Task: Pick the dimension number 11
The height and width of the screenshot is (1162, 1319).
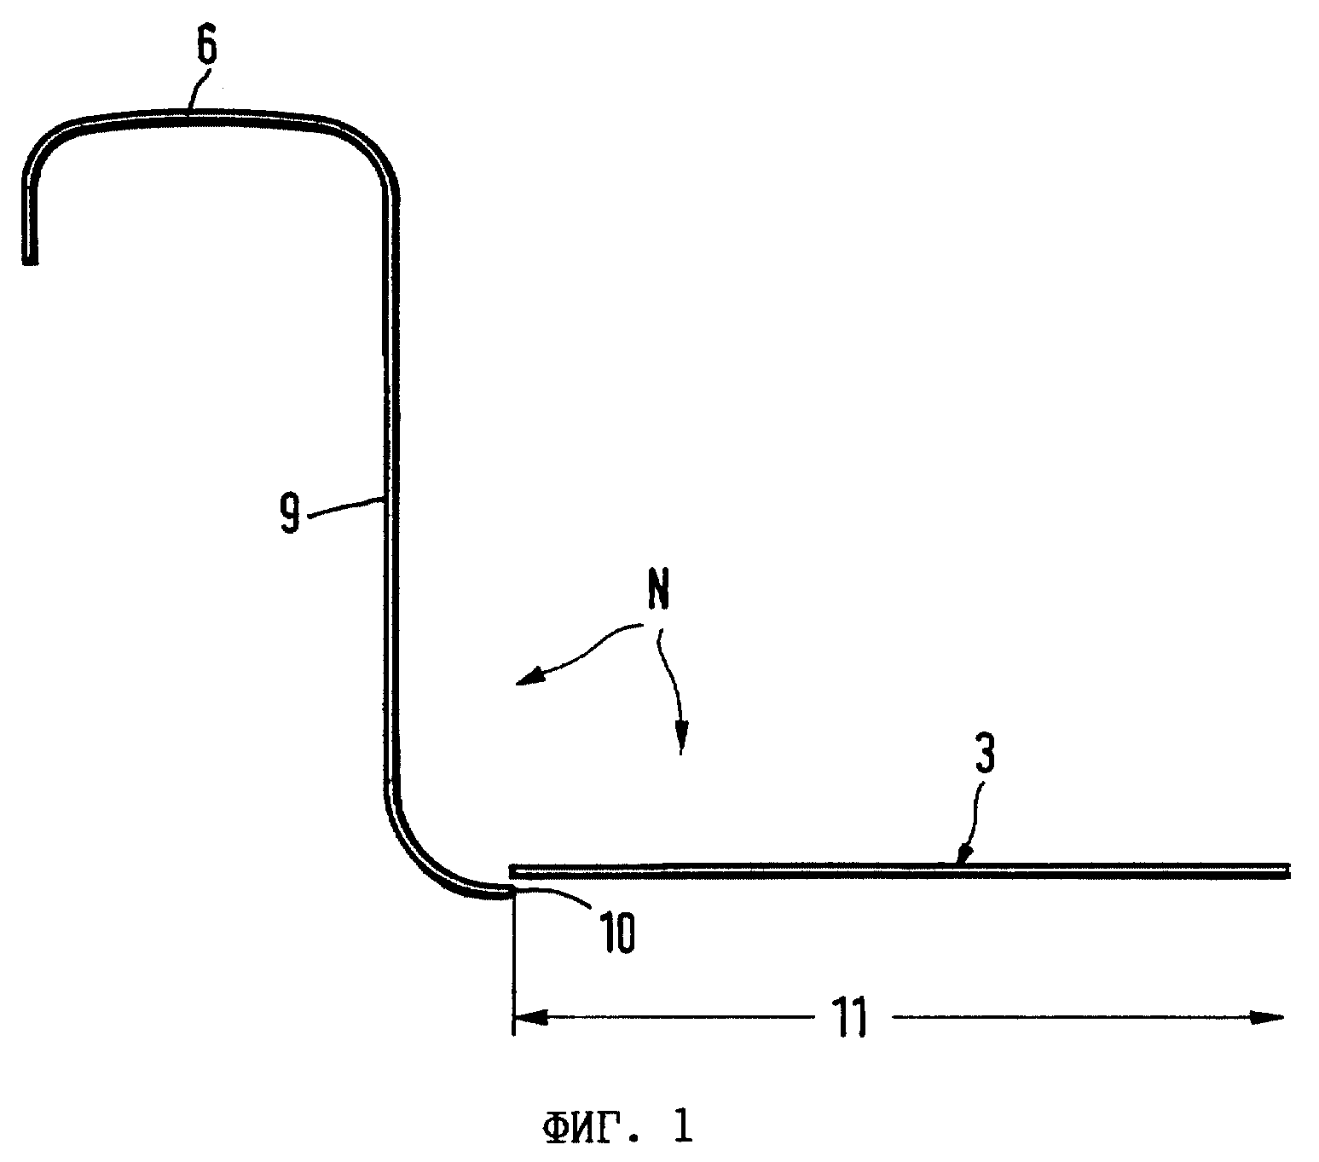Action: [850, 1017]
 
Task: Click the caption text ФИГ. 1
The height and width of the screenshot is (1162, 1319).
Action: [617, 1127]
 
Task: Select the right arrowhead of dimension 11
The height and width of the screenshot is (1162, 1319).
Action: [1266, 1017]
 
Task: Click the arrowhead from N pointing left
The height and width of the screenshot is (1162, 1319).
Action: [529, 678]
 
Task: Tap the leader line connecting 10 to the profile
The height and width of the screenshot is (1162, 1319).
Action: [553, 895]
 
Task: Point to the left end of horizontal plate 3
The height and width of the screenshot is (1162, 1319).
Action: [512, 871]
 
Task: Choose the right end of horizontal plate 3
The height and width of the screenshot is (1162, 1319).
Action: [1288, 871]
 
